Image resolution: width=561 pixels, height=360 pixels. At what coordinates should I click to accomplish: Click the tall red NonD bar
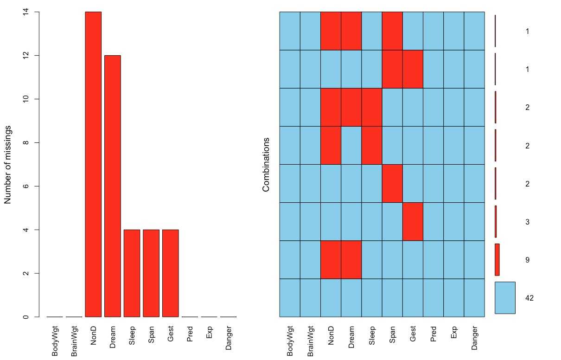(93, 164)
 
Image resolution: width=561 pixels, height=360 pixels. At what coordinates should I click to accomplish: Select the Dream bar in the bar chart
(113, 186)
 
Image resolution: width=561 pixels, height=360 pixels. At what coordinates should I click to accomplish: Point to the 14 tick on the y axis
(25, 12)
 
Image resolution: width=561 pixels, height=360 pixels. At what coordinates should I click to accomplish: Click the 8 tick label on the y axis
(25, 143)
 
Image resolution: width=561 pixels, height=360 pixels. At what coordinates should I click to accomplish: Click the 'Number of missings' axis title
(8, 164)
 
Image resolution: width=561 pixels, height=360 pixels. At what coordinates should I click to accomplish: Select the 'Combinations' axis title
(266, 164)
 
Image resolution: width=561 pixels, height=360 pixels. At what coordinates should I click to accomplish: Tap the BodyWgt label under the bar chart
(55, 341)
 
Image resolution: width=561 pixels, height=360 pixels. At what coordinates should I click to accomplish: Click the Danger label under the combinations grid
(474, 338)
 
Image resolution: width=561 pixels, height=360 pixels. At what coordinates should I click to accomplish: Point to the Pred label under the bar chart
(190, 334)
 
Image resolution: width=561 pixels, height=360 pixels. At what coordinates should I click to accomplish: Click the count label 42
(529, 298)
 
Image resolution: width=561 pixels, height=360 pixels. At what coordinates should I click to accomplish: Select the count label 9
(527, 260)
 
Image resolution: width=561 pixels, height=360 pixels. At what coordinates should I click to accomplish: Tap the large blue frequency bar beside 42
(505, 298)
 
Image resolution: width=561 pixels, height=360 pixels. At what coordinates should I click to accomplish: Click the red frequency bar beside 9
(497, 260)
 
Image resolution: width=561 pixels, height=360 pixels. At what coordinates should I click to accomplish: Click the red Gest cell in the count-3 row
(413, 222)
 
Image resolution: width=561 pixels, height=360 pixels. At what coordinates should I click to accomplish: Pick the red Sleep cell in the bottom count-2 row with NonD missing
(371, 145)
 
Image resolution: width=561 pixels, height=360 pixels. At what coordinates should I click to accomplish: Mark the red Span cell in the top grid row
(392, 31)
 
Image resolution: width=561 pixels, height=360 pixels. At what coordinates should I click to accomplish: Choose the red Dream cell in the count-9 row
(351, 260)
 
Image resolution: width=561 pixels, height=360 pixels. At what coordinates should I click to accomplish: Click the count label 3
(527, 222)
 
